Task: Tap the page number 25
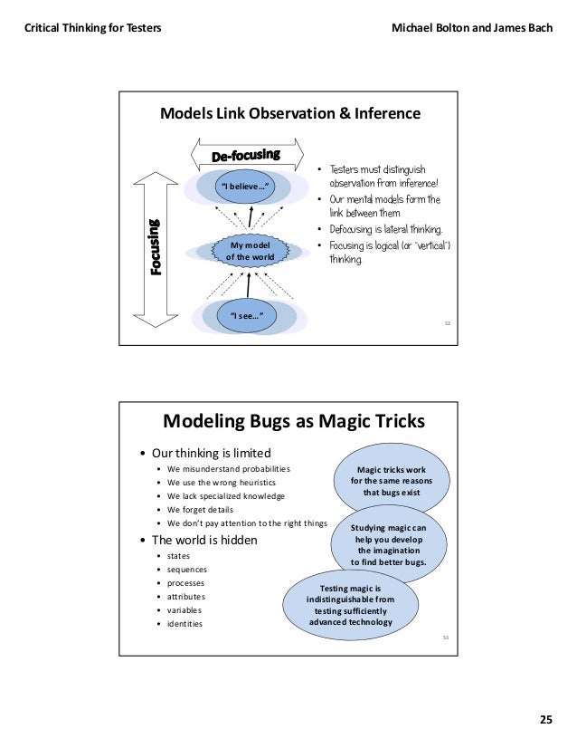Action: [545, 720]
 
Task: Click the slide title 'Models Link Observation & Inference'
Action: [289, 114]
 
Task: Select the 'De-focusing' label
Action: [245, 156]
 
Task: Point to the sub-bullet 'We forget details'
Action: [200, 510]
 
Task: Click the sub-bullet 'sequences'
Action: [186, 569]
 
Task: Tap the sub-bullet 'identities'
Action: [184, 623]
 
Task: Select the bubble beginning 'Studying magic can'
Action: [388, 543]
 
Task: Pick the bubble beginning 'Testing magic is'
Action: [350, 605]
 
